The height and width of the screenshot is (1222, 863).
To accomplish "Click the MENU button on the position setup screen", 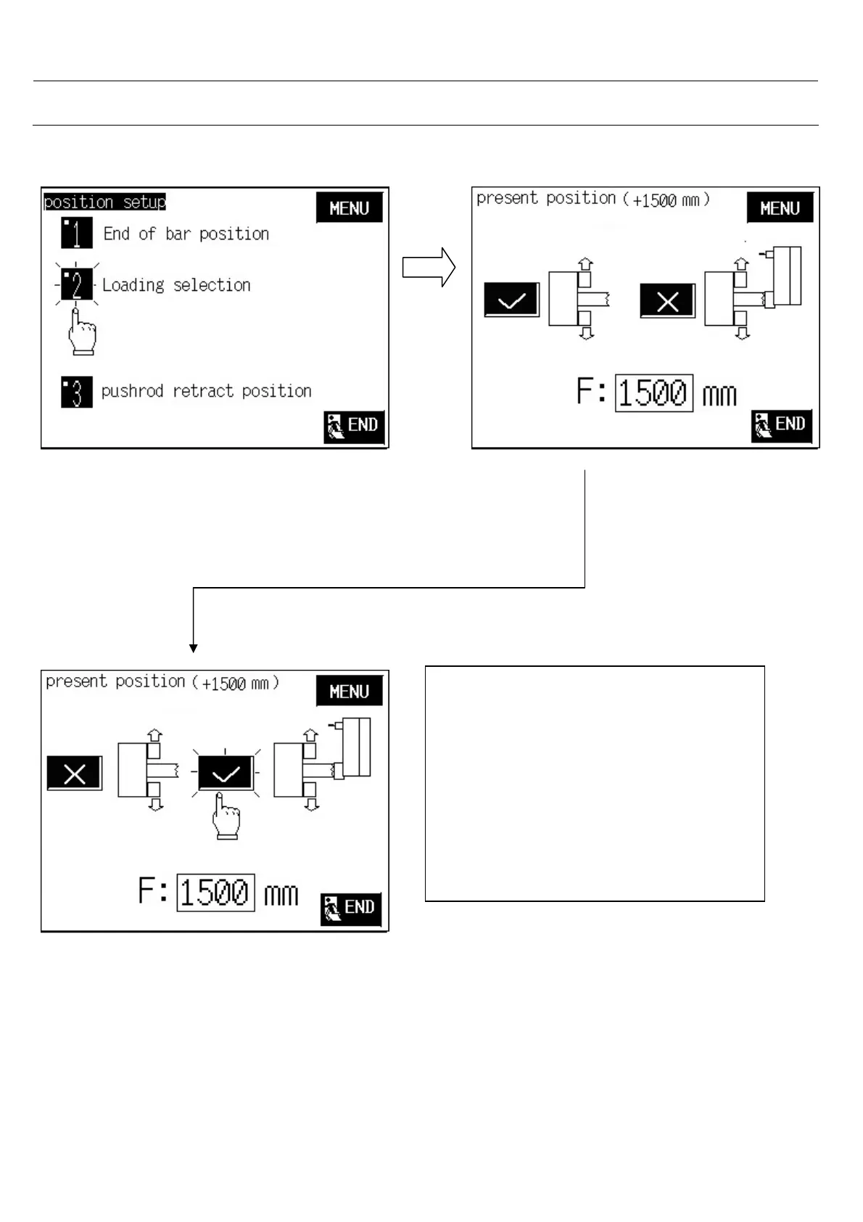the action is click(349, 208).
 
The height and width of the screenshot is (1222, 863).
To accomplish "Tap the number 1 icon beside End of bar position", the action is click(77, 233).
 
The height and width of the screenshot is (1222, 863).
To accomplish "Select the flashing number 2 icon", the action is click(76, 284).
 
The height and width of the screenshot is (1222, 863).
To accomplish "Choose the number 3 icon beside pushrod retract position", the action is click(77, 392).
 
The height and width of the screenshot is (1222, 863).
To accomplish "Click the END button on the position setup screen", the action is click(354, 426).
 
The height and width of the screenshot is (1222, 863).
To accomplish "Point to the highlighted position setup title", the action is click(104, 202).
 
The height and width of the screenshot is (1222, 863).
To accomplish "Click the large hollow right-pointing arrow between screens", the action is click(429, 268).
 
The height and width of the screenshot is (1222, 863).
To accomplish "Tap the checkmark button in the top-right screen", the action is click(511, 300).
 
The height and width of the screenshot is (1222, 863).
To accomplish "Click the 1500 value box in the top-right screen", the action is click(653, 393).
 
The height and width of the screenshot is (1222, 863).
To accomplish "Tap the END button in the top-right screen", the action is click(781, 425).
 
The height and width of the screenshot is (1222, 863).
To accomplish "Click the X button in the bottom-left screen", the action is click(75, 774).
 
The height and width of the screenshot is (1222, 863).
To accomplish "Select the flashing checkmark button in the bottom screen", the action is click(226, 774).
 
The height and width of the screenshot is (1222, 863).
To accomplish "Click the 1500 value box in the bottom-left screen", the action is click(215, 892).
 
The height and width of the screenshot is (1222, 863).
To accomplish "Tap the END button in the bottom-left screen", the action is click(351, 909).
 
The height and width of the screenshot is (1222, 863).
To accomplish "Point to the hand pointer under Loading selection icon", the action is click(80, 333).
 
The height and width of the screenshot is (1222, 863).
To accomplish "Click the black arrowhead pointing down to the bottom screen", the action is click(194, 647).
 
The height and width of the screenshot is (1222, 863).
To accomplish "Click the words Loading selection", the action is click(176, 285).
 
